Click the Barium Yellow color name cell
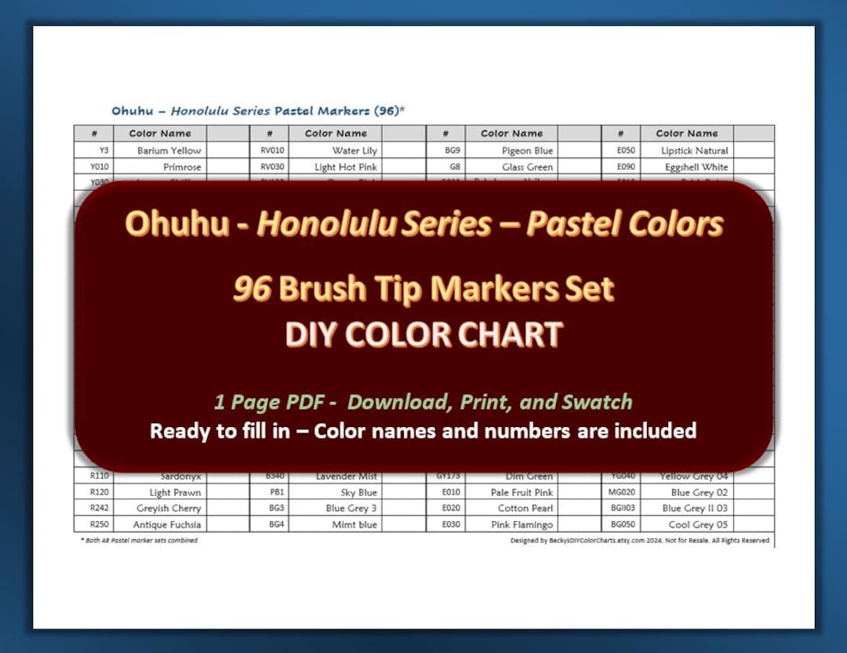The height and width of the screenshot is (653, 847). tap(169, 151)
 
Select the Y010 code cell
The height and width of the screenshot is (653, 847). tap(100, 167)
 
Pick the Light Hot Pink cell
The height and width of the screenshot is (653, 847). tap(346, 167)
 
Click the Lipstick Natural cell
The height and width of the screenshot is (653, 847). tap(694, 151)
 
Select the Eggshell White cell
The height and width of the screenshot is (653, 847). tap(696, 167)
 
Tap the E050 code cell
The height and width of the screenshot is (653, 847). tap(626, 151)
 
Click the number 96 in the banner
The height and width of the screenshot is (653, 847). tap(252, 290)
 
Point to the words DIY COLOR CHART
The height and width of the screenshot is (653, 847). tap(423, 335)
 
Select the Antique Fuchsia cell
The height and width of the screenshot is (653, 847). tap(167, 524)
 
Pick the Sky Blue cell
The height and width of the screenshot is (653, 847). tap(358, 493)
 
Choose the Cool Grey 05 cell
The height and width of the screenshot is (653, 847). tap(698, 524)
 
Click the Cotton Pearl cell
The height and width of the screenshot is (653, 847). tap(525, 509)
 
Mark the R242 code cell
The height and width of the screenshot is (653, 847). tap(100, 509)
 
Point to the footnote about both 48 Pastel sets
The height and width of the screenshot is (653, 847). tap(139, 540)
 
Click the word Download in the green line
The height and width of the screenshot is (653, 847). tap(398, 403)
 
